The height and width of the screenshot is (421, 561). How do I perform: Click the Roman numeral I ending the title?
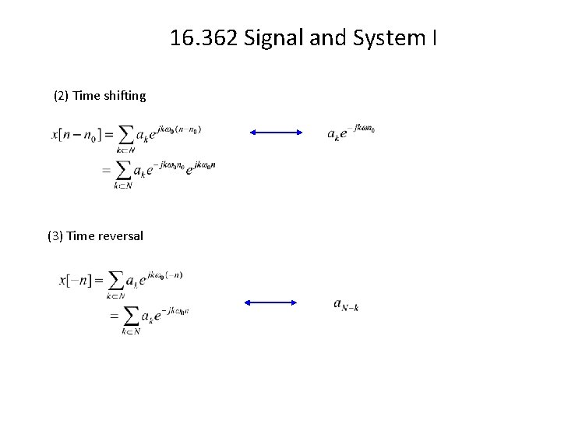coord(433,37)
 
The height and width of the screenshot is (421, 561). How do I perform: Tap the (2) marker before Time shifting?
coord(61,96)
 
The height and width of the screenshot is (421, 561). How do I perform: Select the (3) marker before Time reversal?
coord(55,235)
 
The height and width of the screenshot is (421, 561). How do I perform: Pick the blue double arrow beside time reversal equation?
coord(271,302)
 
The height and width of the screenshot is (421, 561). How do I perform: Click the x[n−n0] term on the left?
coord(77,135)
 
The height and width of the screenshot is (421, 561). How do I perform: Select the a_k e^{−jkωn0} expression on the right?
coord(351,132)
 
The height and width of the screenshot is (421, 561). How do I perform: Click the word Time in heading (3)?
coord(81,235)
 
